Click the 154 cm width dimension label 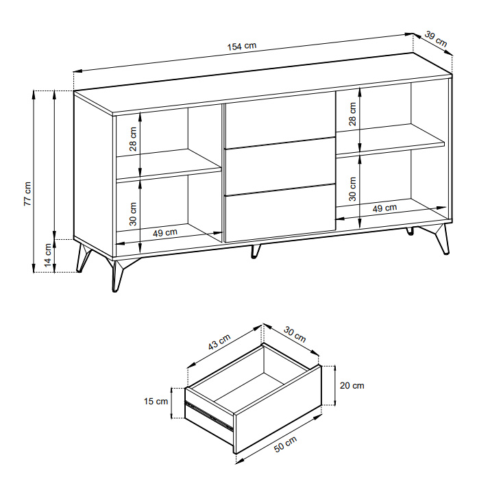242,46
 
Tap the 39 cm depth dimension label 436,39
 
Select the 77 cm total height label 27,194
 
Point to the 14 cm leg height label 48,255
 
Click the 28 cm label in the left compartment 133,139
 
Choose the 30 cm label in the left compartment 133,214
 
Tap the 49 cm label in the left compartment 165,233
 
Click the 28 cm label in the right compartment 352,114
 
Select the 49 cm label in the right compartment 385,208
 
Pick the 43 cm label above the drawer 219,341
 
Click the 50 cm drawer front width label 285,444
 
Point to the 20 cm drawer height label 352,385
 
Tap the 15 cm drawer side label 156,401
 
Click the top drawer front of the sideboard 280,120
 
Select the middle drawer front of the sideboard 280,166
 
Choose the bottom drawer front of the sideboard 280,213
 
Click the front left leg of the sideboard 117,273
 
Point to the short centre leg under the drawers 256,252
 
